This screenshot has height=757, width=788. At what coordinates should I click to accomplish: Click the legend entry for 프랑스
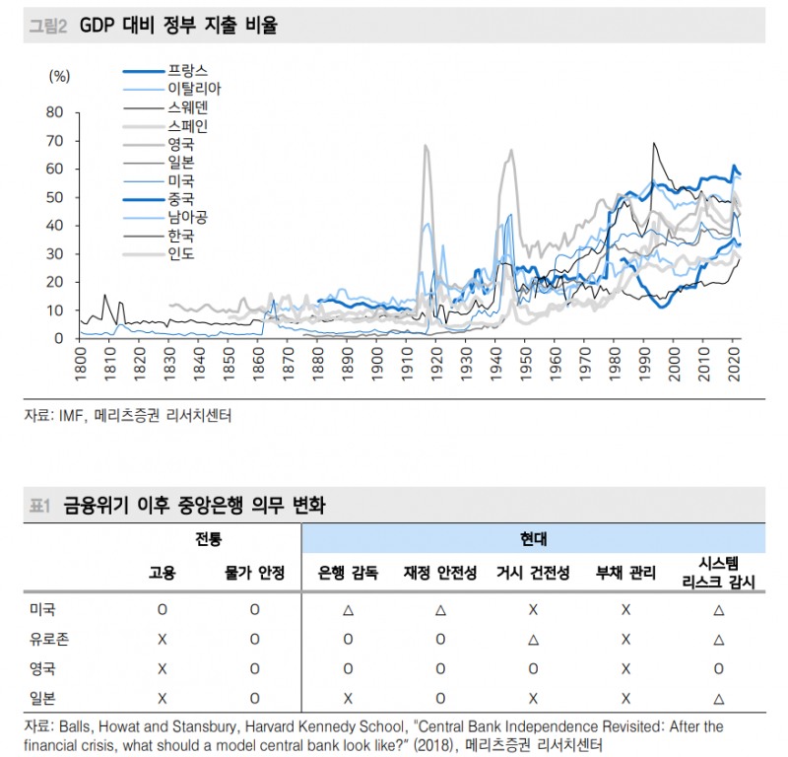coord(187,70)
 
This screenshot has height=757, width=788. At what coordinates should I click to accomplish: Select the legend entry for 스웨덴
coord(187,106)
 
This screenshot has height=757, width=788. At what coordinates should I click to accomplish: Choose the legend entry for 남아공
coord(187,217)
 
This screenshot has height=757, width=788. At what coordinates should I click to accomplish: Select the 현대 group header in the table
coord(533,539)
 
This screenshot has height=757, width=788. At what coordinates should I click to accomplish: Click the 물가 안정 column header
coord(254,573)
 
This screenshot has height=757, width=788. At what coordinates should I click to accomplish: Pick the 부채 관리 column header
coord(625,573)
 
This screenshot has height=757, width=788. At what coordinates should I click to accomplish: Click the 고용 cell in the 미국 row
coord(162,609)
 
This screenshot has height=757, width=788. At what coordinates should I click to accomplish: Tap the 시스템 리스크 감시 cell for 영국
coord(718,668)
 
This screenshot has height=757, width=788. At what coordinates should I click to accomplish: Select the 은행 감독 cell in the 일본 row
coord(348,698)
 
